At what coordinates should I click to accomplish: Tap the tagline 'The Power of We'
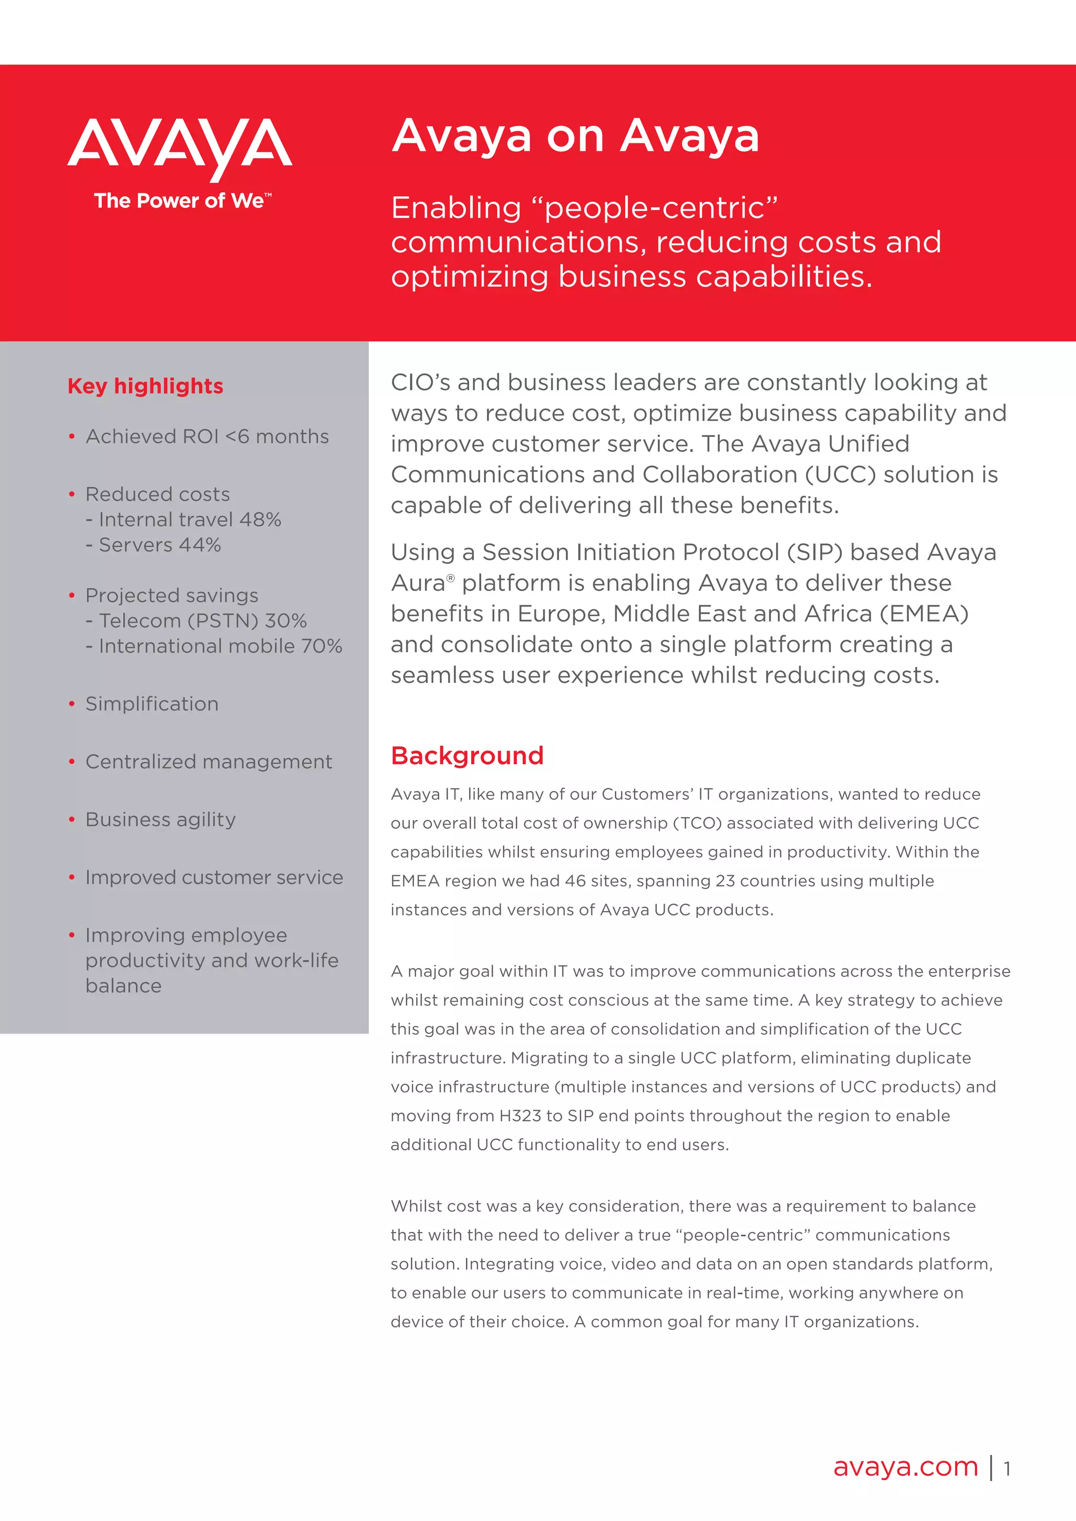(180, 201)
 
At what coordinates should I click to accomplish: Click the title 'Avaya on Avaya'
(575, 136)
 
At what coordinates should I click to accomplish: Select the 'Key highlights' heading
(145, 386)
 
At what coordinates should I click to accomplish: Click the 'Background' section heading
(467, 756)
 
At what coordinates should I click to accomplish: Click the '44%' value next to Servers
(200, 545)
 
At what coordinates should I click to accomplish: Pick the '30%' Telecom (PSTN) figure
(286, 621)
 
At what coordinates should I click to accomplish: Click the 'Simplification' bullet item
(152, 704)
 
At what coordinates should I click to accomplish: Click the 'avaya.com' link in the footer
(905, 1467)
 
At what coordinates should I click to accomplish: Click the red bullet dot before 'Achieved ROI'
(71, 437)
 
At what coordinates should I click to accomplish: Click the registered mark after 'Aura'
(451, 578)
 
